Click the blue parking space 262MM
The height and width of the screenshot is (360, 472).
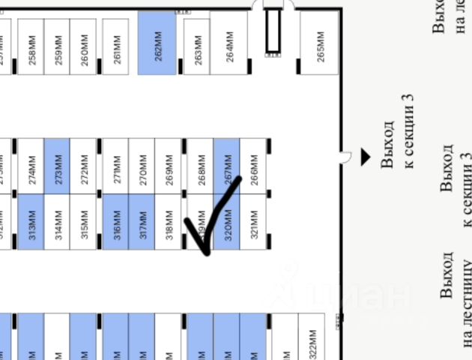coord(157,45)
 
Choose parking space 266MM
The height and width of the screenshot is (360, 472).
coord(254,166)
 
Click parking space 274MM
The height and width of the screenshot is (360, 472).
coord(31,166)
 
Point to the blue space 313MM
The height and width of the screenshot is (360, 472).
coord(31,222)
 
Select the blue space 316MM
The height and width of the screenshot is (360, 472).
coord(116,222)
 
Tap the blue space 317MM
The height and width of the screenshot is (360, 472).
coord(142,222)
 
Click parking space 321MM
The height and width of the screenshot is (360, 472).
coord(254,222)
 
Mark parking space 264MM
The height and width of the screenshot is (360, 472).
coord(230,45)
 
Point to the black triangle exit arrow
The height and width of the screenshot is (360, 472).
coord(366,157)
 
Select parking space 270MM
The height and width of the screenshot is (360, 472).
coord(142,166)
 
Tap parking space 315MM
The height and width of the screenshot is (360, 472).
coord(85,222)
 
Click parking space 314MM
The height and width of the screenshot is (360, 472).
coord(58,222)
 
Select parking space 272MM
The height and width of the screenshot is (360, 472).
coord(85,166)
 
